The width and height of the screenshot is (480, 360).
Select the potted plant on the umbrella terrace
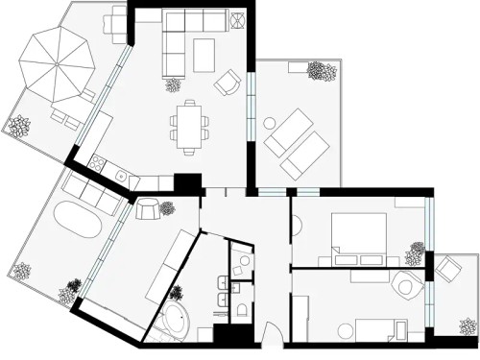[x=19, y=125]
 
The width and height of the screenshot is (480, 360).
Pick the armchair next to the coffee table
[x=228, y=84]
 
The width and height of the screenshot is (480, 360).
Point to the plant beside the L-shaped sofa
[x=174, y=84]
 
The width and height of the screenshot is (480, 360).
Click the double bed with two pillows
[x=357, y=235]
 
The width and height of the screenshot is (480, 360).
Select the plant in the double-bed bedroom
[x=414, y=252]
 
